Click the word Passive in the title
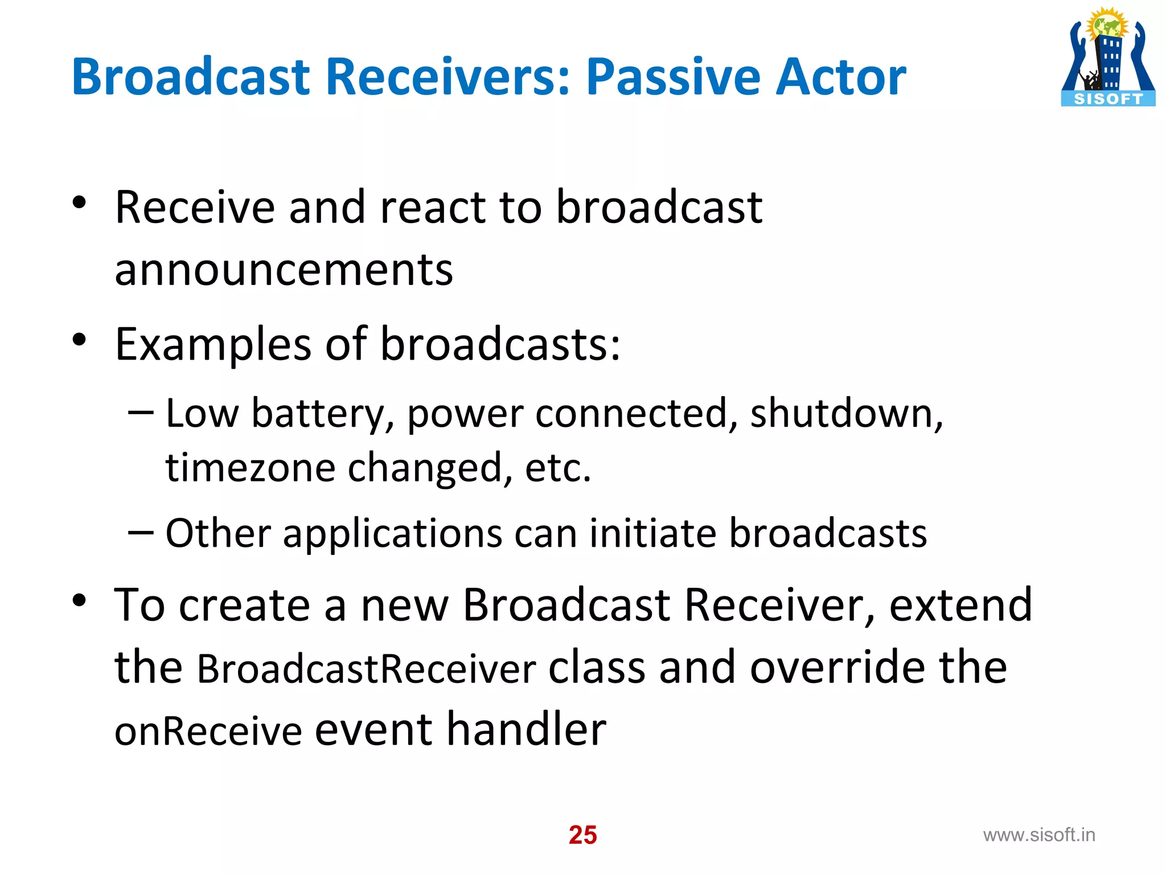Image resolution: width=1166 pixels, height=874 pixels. point(672,77)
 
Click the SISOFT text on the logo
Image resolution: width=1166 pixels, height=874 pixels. point(1108,99)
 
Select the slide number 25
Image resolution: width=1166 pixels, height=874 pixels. point(582,835)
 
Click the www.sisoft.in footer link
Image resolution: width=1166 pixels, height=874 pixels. point(1039,835)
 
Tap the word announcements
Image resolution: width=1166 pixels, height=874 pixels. point(284,270)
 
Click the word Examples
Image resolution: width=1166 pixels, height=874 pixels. point(213,345)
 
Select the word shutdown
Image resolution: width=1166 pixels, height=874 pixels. point(846,413)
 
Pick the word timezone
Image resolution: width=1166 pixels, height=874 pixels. point(251,468)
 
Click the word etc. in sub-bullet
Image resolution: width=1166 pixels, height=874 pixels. point(558,468)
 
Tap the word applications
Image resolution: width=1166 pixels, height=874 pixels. point(393,534)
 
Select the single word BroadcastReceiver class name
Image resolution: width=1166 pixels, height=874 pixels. point(366,669)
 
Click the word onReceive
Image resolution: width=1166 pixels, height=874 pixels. point(208,731)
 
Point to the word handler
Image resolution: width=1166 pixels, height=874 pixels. point(526,729)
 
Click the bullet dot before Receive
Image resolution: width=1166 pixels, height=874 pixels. point(79,203)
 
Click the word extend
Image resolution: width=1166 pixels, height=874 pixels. point(960,605)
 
